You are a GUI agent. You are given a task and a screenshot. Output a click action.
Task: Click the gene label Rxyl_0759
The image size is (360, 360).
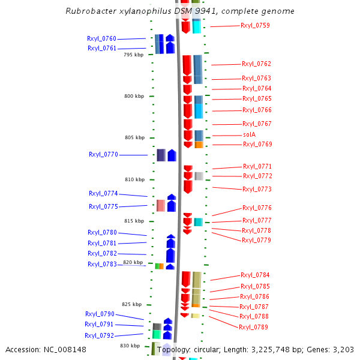point(255,26)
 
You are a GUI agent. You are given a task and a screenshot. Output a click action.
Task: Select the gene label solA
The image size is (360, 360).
point(249,135)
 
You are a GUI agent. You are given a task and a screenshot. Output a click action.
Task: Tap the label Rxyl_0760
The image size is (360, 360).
point(102,38)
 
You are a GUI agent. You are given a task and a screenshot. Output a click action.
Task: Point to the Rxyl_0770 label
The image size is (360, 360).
point(104,155)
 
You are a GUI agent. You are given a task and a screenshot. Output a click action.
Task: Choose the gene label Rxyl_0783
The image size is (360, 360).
point(102,264)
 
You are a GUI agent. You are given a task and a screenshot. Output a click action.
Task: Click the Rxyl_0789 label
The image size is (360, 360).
point(253,327)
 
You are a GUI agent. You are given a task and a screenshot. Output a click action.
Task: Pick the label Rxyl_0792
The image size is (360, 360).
point(99,335)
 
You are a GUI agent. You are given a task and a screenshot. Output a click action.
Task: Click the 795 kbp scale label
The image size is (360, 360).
point(134,55)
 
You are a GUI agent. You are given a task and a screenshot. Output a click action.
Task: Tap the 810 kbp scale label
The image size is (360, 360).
point(134,179)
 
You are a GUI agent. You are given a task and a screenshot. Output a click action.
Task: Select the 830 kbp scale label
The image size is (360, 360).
point(130,346)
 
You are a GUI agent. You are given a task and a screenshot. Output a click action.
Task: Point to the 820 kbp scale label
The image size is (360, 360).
point(133,262)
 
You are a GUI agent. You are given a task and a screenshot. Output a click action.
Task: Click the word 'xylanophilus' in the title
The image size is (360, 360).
point(140,11)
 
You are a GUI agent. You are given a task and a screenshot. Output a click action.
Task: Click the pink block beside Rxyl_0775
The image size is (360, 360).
point(161,206)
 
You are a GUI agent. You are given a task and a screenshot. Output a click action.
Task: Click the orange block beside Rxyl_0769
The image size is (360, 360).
point(199,145)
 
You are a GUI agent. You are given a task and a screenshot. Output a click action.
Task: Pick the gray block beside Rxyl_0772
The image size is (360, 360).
point(199,176)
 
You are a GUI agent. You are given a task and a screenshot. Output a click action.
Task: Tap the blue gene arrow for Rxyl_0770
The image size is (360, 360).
point(172,155)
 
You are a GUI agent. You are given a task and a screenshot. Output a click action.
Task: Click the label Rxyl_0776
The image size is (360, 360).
point(257,208)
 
